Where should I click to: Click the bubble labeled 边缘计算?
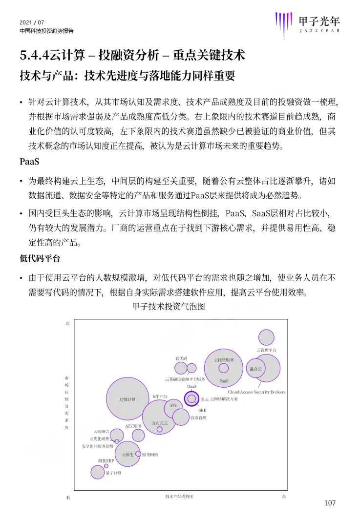pos(127,399)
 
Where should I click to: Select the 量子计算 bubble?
pos(98,472)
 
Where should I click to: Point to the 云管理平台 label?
pos(267,350)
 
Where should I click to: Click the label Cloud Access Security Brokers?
pos(256,392)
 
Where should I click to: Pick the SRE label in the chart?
pos(202,411)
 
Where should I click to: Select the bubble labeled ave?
pos(173,405)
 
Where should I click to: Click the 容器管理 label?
pos(198,418)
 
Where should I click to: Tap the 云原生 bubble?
pos(127,454)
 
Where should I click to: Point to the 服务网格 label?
pos(150,455)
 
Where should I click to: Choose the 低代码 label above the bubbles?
pos(181,358)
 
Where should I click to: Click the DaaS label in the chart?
pos(191,386)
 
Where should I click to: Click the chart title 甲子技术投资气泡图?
pos(169,307)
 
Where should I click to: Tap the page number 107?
pos(330,503)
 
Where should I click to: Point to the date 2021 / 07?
pos(32,22)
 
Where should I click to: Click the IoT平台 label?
pos(160,396)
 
